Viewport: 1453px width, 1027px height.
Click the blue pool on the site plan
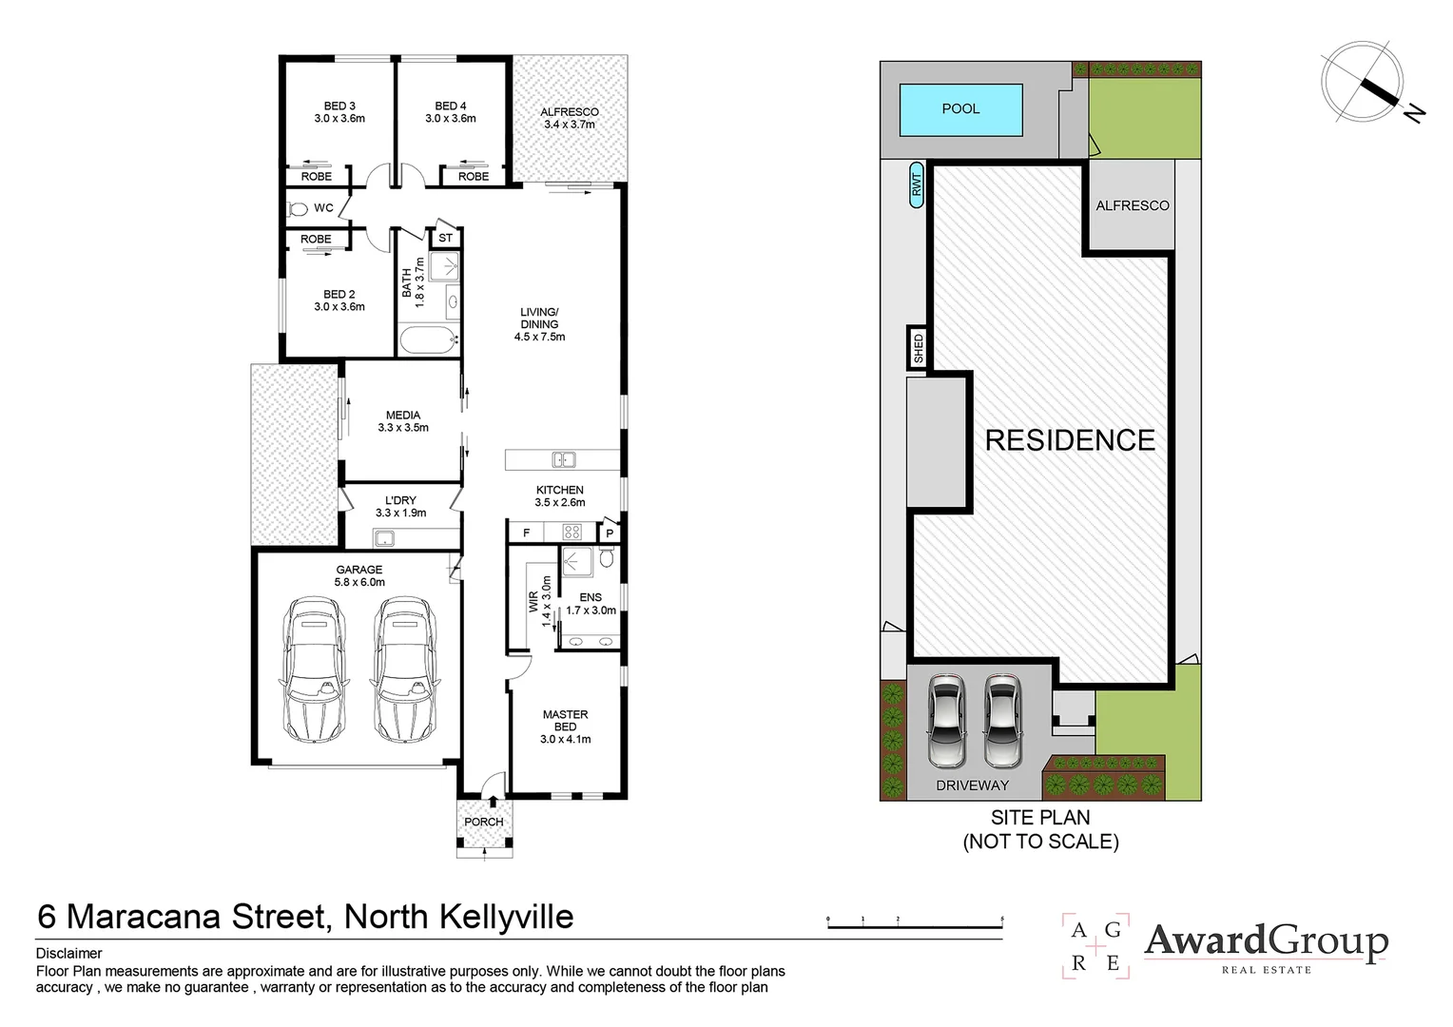coord(960,109)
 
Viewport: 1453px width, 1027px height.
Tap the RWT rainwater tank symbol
coord(916,184)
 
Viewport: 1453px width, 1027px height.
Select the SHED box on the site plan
coord(918,348)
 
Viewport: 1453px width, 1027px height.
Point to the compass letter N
coord(1414,113)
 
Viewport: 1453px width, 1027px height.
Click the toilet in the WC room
coord(298,209)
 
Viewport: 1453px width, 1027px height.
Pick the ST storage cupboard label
coord(445,238)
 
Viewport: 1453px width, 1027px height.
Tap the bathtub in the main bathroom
coord(429,339)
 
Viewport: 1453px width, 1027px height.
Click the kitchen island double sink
coord(564,460)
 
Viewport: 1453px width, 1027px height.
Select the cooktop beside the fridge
coord(572,533)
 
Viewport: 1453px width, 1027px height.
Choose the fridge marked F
coord(526,533)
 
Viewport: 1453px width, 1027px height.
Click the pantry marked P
coord(610,533)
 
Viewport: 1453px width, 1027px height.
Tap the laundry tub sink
coord(383,538)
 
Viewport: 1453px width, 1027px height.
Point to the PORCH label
coord(484,822)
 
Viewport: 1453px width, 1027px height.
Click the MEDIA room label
coord(403,416)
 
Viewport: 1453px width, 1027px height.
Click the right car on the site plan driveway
coord(1002,721)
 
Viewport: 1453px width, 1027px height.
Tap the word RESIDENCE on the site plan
coord(1071,440)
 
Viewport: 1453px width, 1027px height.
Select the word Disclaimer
coord(68,954)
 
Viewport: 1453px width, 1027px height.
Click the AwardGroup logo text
coord(1266,942)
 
